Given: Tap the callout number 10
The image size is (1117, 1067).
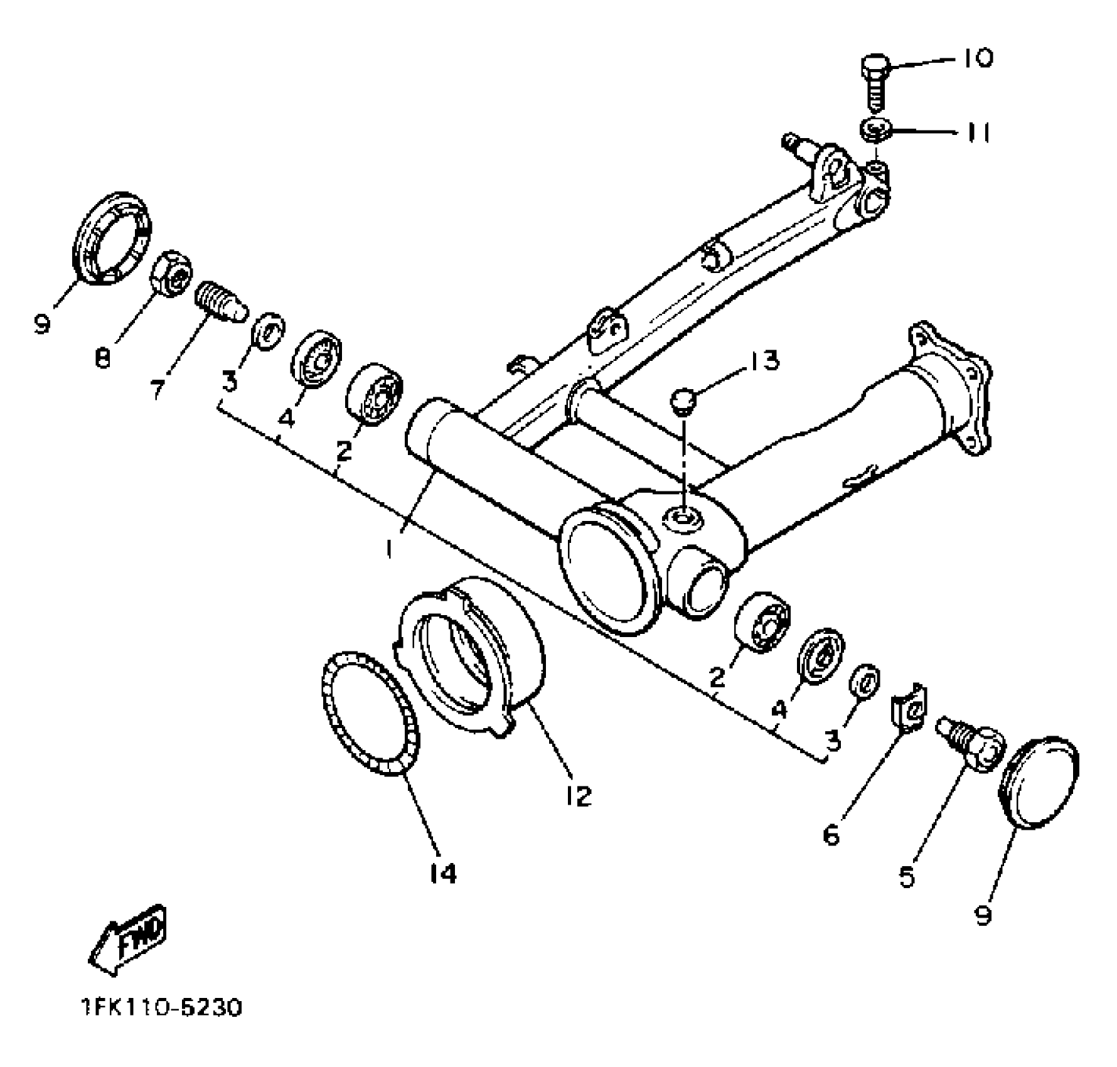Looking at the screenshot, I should [976, 58].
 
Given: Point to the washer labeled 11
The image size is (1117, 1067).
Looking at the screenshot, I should [875, 131].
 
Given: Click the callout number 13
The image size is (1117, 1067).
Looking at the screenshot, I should [762, 362].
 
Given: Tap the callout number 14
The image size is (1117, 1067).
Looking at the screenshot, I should [443, 873].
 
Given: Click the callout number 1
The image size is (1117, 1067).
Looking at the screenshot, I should [390, 549].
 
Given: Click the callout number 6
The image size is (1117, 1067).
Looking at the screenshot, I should [831, 835].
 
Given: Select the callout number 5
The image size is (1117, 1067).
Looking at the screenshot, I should [907, 876].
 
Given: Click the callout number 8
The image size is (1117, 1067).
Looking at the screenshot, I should [102, 358].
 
